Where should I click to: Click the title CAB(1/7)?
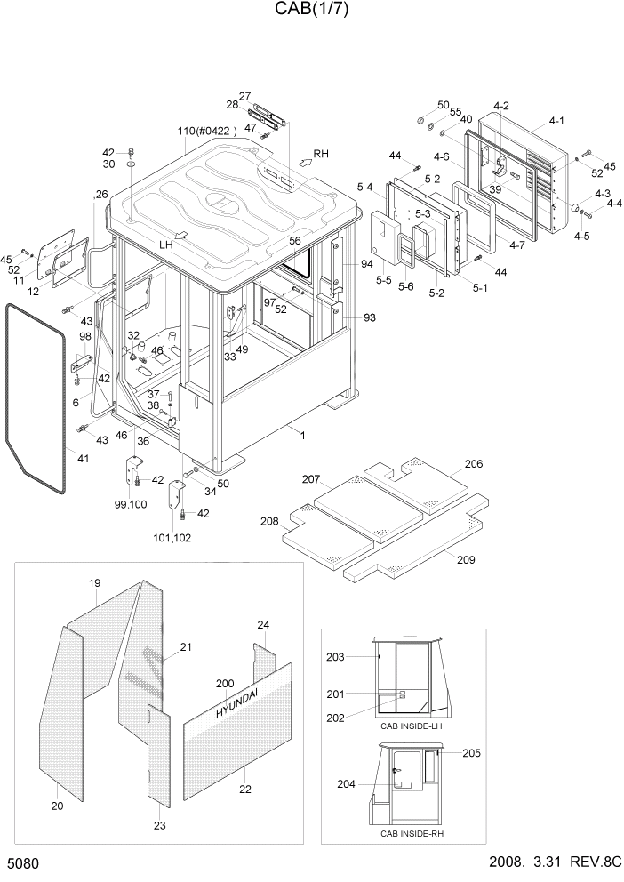coord(311,11)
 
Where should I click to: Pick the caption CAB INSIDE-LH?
coord(411,726)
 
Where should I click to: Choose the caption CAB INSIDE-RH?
coord(411,833)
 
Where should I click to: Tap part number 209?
coord(465,559)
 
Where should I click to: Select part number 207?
coord(309,479)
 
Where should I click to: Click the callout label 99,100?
coord(131,504)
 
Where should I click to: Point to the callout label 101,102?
coord(174,537)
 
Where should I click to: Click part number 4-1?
coord(556,121)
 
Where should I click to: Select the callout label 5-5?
coord(383,279)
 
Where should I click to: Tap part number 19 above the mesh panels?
coord(95,583)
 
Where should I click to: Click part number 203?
coord(334,657)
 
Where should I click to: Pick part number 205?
coord(471,753)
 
